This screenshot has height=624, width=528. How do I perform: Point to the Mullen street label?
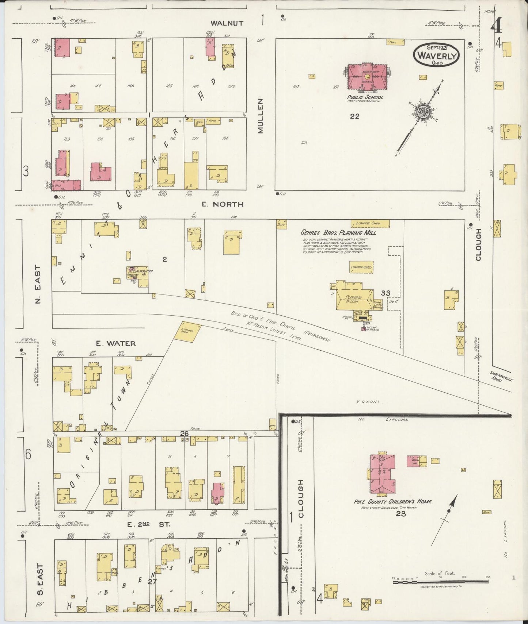tap(260, 116)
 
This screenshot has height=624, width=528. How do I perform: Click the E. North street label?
tap(223, 204)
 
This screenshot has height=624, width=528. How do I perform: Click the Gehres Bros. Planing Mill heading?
tap(338, 232)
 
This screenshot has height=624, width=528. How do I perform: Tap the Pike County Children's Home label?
tap(392, 501)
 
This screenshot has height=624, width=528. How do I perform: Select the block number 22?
tap(354, 116)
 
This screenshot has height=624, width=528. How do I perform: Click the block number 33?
tap(385, 293)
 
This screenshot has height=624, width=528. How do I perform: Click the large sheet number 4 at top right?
tap(496, 26)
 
